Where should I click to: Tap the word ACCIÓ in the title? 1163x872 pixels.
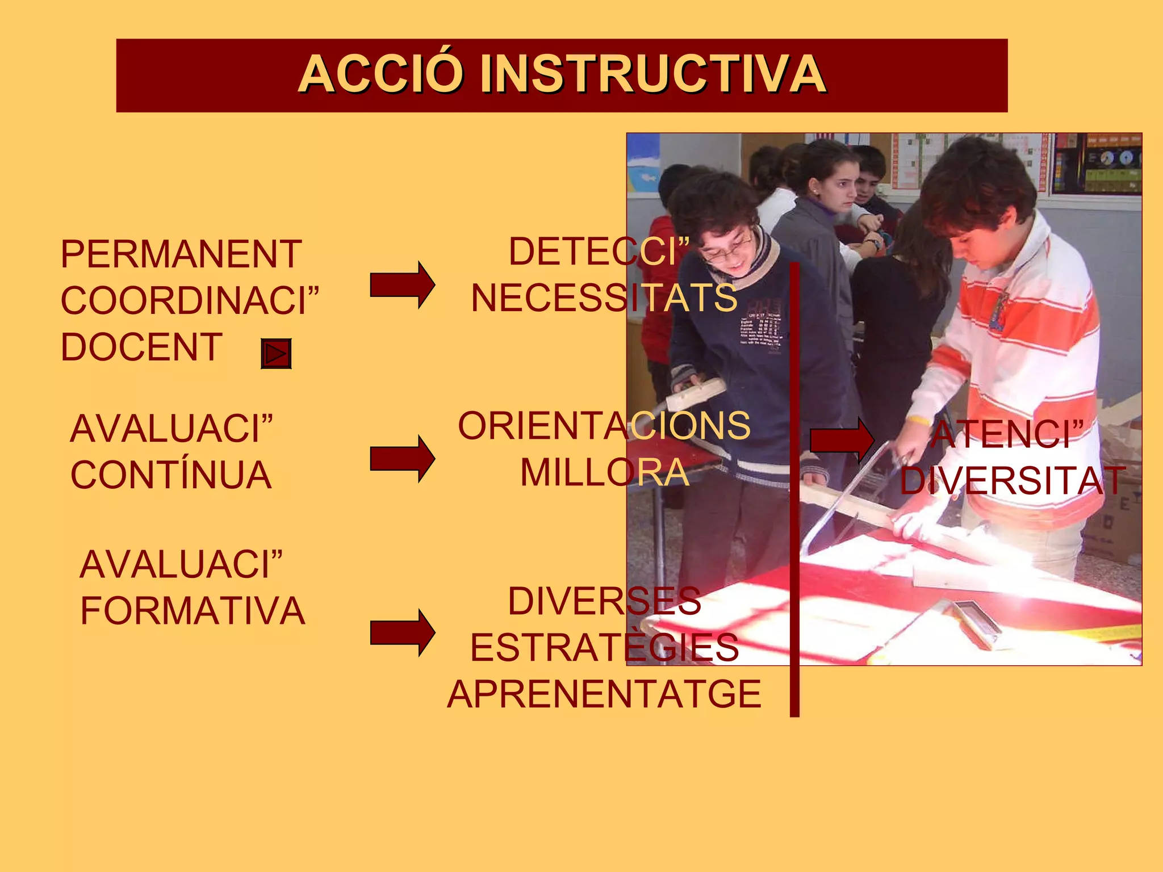(379, 74)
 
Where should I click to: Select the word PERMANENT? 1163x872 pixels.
(181, 254)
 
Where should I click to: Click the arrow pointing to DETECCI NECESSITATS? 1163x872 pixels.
(402, 285)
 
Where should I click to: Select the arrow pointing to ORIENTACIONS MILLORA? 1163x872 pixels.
(402, 459)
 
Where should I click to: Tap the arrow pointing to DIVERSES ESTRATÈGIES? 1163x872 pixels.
(402, 632)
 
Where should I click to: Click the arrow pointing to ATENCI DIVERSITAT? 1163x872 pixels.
(842, 440)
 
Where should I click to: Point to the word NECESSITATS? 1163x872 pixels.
(604, 299)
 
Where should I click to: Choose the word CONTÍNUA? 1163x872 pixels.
(171, 476)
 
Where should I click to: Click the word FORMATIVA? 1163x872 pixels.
(193, 611)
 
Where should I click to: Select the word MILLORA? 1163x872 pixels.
(605, 473)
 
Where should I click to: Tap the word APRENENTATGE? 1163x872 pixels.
(604, 694)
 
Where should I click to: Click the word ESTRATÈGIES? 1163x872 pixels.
(604, 648)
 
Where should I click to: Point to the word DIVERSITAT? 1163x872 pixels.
(1013, 481)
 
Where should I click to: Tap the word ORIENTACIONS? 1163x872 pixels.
(604, 426)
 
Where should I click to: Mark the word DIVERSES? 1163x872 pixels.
(604, 601)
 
